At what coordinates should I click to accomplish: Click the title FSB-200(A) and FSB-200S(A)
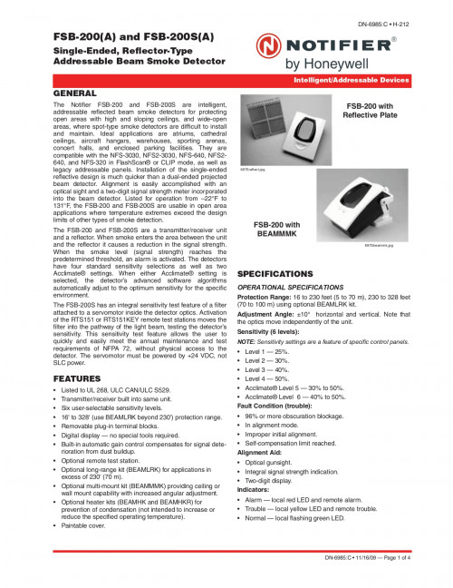[120, 39]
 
